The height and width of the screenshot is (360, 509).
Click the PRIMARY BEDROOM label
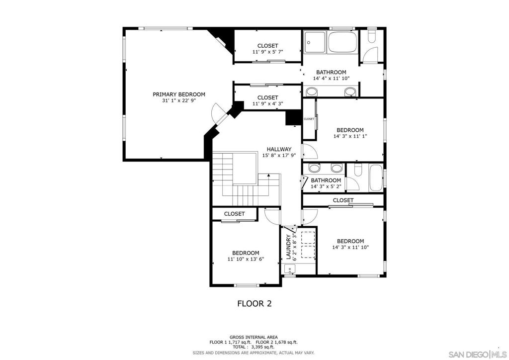179,94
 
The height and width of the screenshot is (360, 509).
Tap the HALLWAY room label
279,149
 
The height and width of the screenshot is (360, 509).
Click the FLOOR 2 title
254,303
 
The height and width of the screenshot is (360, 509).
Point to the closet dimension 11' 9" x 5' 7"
268,52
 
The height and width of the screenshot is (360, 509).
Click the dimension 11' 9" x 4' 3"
268,104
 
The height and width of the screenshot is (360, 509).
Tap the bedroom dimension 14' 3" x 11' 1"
350,136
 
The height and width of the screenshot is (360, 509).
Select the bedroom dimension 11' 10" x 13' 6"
246,259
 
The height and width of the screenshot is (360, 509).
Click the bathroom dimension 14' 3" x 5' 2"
326,186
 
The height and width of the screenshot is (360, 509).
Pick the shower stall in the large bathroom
315,42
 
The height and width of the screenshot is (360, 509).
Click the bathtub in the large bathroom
342,42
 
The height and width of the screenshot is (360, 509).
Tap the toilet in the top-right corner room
372,36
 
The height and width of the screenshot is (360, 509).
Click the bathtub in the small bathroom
376,178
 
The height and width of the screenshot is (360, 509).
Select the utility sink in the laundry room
290,269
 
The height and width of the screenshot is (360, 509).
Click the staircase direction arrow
269,184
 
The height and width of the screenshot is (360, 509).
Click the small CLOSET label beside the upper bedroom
309,119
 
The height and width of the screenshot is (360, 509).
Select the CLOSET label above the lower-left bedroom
235,214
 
